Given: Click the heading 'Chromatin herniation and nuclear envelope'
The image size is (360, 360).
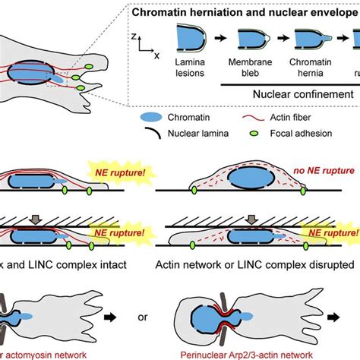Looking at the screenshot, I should tap(251, 13).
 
